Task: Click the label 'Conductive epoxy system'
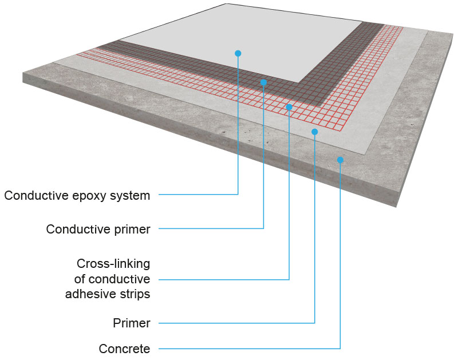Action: point(77,195)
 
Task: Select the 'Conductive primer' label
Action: point(98,229)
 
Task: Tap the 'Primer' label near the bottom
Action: point(132,323)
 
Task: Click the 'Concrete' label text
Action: point(124,349)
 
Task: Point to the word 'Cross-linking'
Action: point(113,264)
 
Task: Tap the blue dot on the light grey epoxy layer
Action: point(238,53)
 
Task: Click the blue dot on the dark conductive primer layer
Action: point(263,82)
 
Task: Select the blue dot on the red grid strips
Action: point(289,107)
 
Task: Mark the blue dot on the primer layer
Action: point(314,132)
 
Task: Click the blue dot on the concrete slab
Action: point(340,160)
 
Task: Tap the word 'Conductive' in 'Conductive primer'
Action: point(74,229)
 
